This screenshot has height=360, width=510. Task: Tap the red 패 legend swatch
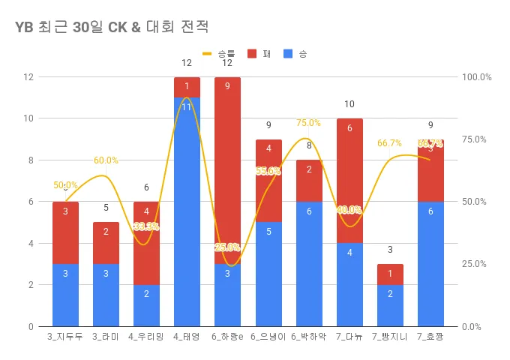point(250,54)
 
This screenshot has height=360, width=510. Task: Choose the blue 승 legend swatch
point(289,54)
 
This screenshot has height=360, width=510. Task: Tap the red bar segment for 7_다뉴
point(349,180)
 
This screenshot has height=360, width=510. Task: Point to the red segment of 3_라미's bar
point(106,243)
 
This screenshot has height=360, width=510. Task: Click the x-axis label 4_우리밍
point(146,337)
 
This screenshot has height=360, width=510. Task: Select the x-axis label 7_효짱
point(430,337)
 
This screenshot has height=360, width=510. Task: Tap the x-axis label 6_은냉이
point(268,337)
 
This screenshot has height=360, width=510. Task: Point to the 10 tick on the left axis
point(28,118)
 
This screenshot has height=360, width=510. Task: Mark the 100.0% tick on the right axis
point(476,77)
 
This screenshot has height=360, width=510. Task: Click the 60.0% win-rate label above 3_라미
point(106,160)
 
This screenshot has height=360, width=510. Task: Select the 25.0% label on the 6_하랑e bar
point(227,247)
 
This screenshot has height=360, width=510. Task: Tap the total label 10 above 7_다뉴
point(349,104)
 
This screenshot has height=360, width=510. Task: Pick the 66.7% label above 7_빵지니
point(390,143)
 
